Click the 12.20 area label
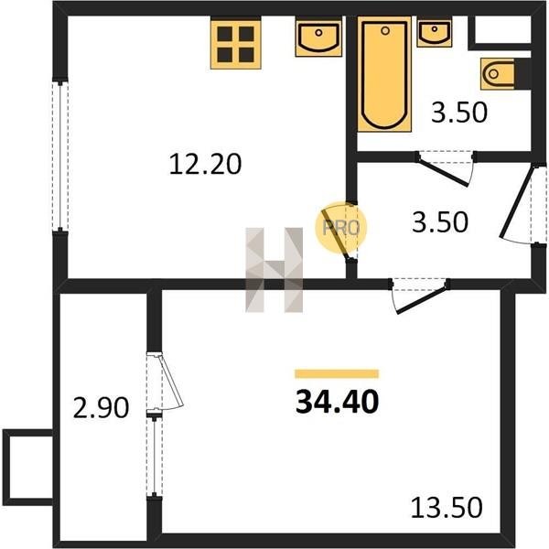click(x=205, y=164)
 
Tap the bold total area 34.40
click(x=337, y=402)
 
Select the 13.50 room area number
click(x=447, y=508)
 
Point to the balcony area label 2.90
click(x=101, y=408)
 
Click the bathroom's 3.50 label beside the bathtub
click(x=459, y=113)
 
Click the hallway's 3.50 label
click(x=440, y=222)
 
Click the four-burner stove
click(x=236, y=43)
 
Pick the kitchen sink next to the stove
click(x=318, y=38)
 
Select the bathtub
click(x=384, y=74)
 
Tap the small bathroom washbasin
click(x=434, y=33)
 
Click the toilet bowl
click(x=498, y=74)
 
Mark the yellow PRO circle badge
click(x=340, y=228)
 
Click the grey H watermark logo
click(x=274, y=270)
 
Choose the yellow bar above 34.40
click(x=337, y=374)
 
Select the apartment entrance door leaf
click(x=516, y=202)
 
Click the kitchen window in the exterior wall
click(x=60, y=156)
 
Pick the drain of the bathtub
click(x=385, y=31)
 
